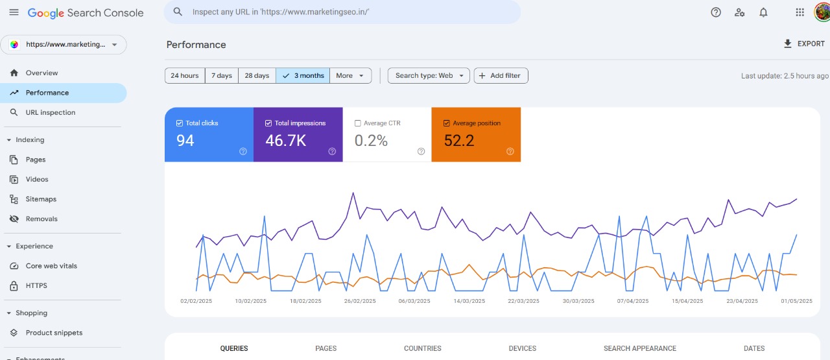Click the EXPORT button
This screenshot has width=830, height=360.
[804, 44]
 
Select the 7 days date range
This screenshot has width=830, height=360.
[222, 76]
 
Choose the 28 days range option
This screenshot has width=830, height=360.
[257, 76]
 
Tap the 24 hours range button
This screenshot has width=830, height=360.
[185, 76]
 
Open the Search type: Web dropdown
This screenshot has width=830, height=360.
[429, 76]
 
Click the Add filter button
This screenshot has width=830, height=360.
[501, 76]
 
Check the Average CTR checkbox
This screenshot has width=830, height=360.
[358, 123]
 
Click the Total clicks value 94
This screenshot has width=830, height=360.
[185, 140]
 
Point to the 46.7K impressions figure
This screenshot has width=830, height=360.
[285, 140]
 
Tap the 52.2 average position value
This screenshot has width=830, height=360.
[459, 140]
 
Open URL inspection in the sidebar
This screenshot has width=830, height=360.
[50, 113]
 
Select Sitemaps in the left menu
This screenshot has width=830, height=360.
[41, 199]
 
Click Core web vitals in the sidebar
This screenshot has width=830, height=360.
[51, 266]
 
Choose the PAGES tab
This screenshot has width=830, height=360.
[326, 348]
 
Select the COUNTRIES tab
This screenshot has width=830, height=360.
[422, 348]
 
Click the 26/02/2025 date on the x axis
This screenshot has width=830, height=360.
[360, 301]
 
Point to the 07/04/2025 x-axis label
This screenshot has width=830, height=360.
[633, 301]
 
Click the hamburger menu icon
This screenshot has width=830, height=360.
[14, 12]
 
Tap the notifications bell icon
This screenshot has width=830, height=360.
[763, 12]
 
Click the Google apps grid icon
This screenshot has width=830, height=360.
[800, 12]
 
